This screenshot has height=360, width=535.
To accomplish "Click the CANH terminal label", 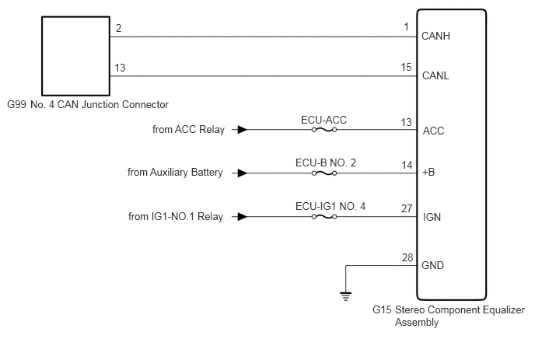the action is (435, 36).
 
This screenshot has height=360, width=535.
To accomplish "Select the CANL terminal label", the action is (435, 75).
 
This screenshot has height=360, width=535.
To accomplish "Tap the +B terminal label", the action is (428, 172).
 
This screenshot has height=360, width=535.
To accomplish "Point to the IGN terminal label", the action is (432, 217).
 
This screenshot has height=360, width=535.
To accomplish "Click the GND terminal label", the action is (432, 265).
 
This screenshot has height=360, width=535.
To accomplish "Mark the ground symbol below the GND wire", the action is (345, 296).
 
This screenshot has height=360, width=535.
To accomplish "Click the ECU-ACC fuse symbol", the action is (324, 130).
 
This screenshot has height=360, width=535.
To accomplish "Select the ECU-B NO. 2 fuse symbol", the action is (324, 173).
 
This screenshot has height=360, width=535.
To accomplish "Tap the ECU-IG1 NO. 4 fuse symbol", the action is (324, 217).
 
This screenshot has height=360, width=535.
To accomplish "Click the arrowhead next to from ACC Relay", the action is (243, 130).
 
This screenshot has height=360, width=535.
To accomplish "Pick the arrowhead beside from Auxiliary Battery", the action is (243, 173).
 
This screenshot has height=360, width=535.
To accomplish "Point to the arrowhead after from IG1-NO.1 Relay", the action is (243, 217).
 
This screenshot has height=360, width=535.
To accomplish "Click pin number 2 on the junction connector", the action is (118, 28).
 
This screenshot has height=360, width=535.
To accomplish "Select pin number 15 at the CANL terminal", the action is (406, 67).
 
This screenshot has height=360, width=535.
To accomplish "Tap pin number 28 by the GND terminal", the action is (407, 257).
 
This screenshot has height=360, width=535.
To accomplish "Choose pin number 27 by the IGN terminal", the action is (407, 208).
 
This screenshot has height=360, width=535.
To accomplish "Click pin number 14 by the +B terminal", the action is (407, 165).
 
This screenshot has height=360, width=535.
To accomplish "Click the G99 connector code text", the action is (16, 104).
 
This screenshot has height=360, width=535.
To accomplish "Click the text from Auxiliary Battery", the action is (175, 173).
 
